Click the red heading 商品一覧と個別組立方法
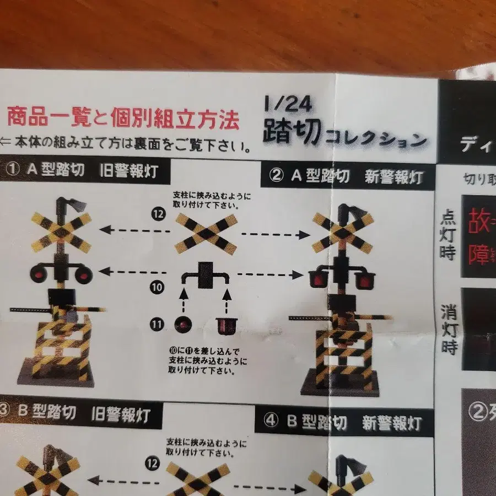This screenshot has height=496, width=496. pos(123,117)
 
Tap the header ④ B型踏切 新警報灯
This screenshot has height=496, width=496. pos(344,423)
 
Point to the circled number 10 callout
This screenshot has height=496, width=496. pos(157,287)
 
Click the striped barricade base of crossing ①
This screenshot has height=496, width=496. pos(62,351)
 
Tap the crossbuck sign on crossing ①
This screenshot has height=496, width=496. pos(61,231)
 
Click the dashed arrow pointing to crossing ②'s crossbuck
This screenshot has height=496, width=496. pos(276,234)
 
